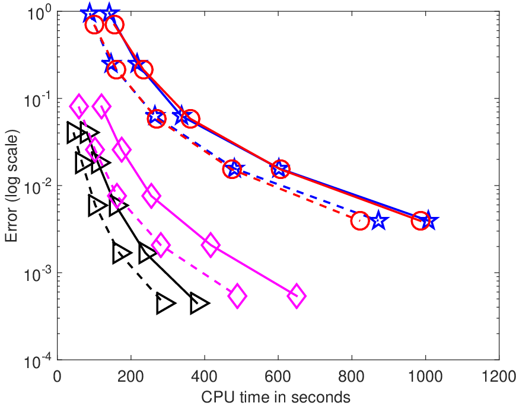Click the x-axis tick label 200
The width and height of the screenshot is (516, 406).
[x=130, y=376]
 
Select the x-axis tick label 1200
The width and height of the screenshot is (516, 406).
[x=499, y=376]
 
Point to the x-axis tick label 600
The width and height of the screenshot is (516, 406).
[x=278, y=376]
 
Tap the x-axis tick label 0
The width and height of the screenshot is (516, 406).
[x=58, y=376]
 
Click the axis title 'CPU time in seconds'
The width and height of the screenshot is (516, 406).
[x=276, y=397]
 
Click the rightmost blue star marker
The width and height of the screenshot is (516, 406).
[x=428, y=220]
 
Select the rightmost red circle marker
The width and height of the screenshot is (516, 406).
[x=421, y=220]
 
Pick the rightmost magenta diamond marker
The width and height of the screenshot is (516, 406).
[x=297, y=296]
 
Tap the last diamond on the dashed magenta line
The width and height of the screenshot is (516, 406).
[x=237, y=296]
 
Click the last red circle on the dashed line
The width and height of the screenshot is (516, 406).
[x=360, y=220]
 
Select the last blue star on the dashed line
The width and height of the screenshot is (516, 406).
[x=378, y=220]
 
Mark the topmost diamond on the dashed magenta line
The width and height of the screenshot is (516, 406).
[x=79, y=106]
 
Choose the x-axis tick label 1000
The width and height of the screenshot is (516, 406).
[x=425, y=376]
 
